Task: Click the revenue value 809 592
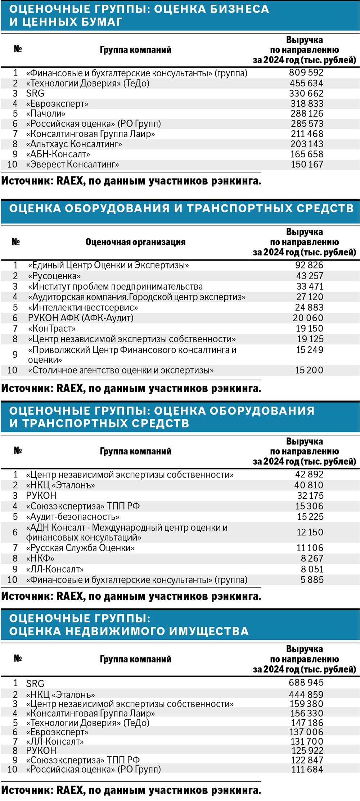point(306,73)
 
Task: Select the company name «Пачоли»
point(46,114)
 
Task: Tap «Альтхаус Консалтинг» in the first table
point(74,144)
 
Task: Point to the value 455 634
point(306,83)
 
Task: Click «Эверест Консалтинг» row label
point(72,165)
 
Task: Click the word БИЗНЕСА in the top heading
point(239,9)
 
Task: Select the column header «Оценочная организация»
point(135,242)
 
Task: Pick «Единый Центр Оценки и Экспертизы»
point(108,266)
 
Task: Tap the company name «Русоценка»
point(54,276)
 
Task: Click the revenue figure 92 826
point(309,265)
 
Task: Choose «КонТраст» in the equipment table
point(52,329)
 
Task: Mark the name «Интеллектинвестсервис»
point(83,308)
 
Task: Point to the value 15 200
point(309,370)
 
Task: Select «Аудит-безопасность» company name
point(72,517)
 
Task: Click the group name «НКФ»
point(40,558)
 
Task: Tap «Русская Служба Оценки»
point(80,548)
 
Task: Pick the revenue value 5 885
point(312,580)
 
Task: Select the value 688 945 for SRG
point(306,682)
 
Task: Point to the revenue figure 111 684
point(307,769)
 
